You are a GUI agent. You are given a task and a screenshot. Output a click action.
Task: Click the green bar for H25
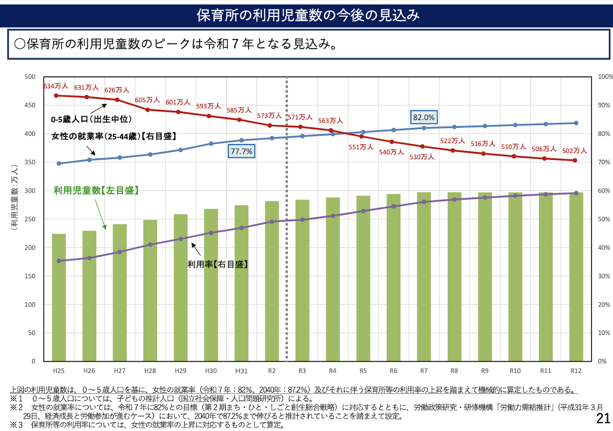[59, 298]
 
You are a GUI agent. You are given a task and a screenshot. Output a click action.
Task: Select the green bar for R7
[424, 277]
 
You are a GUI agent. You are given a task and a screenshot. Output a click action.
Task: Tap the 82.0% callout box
[424, 117]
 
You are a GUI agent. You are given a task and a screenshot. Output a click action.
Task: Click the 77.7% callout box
[241, 151]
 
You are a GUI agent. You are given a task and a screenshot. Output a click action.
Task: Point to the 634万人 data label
[56, 86]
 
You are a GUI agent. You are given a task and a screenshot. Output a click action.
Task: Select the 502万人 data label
[574, 151]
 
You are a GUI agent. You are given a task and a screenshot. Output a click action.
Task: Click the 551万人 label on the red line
[361, 147]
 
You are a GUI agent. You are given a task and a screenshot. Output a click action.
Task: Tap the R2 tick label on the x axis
[272, 371]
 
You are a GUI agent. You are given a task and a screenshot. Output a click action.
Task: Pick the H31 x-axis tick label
[241, 371]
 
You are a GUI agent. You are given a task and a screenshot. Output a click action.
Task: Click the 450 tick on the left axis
[30, 105]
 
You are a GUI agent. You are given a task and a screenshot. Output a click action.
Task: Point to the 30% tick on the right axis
[604, 276]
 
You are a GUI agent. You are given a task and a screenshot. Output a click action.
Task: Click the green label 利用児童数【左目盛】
[96, 191]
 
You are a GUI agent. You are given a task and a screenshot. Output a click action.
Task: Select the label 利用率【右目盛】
[218, 264]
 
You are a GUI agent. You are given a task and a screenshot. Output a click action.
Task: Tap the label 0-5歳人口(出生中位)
[92, 120]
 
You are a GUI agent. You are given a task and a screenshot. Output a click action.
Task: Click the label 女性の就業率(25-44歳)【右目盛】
[114, 136]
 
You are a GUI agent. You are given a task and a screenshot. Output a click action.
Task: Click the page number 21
[603, 419]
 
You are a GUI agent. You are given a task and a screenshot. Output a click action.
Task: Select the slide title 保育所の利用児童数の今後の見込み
[308, 15]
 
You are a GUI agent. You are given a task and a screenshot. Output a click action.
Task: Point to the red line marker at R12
[575, 160]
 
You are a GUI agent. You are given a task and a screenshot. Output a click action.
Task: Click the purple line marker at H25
[59, 261]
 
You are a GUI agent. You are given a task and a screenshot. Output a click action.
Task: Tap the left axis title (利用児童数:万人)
[15, 197]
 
